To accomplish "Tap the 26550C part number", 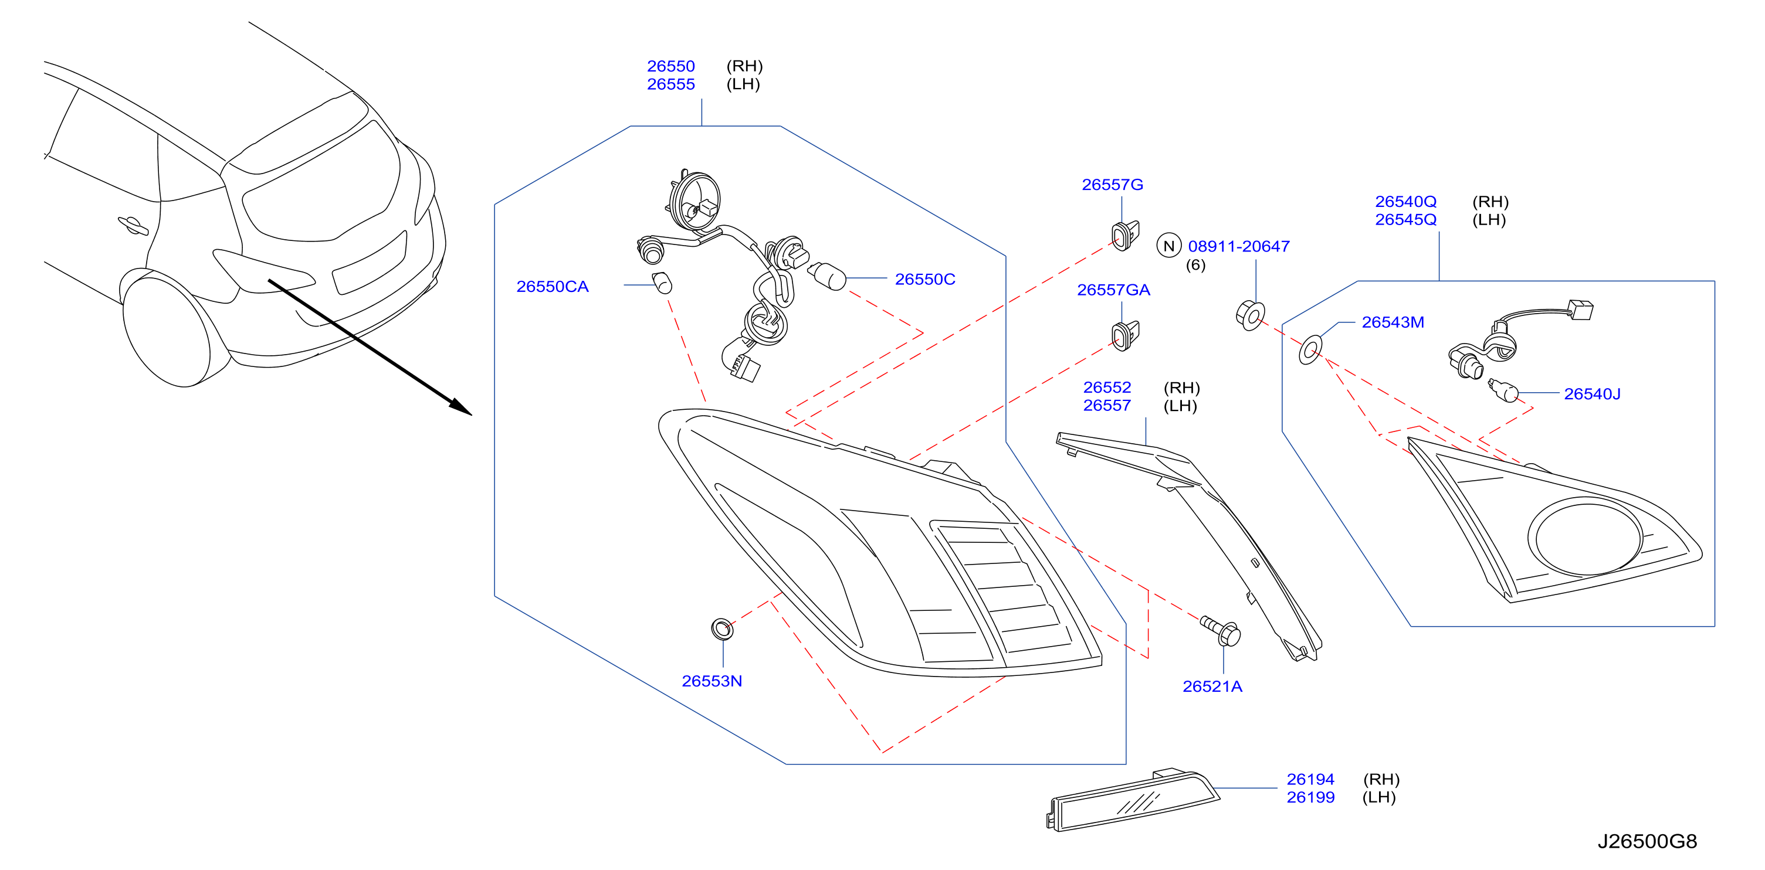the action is click(924, 279).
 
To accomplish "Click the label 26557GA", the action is click(1113, 290).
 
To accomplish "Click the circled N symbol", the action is click(1168, 246).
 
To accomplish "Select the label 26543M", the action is click(1393, 322).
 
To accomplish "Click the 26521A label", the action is click(1212, 686).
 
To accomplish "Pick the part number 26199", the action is click(1310, 797).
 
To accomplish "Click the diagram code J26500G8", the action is click(1647, 841).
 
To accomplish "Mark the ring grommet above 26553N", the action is click(722, 628).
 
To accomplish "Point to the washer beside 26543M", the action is click(1310, 350).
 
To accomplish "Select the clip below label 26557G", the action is click(1125, 235).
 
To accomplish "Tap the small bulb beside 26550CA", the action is click(662, 282).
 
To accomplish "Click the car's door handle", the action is click(132, 225).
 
